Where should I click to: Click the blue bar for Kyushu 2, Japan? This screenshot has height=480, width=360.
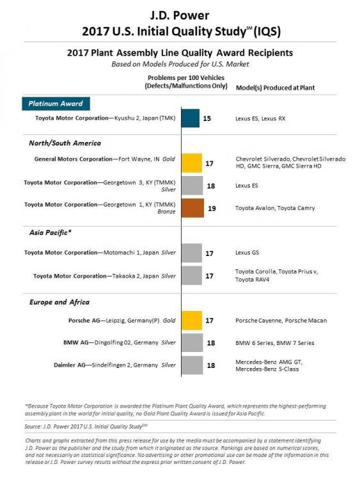pos(191,118)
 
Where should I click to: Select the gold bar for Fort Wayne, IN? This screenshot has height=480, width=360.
pos(192,163)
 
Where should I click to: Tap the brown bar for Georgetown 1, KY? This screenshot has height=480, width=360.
pos(192,208)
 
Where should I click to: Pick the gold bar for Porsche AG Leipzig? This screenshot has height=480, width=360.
pos(192,321)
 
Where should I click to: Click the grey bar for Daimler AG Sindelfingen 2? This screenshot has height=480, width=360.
pos(192,365)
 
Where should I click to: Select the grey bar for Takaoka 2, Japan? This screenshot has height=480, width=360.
pos(192,275)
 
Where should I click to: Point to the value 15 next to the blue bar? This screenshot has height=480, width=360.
pos(207,118)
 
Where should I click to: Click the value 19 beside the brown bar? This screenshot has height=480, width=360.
pos(212,209)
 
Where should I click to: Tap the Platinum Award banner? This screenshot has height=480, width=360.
pos(56,104)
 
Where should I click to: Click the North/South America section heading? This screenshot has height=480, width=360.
pos(65,143)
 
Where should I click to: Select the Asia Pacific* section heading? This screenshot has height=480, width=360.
pos(50,233)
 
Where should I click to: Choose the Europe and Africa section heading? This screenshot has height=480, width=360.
pos(59,302)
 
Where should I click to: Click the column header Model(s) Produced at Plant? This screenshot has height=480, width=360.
pos(276,88)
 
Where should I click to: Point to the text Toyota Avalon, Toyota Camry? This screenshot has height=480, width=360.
pos(275,208)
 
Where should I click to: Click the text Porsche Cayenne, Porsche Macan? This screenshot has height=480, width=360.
pos(281,321)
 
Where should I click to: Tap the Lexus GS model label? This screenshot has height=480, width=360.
pos(247,253)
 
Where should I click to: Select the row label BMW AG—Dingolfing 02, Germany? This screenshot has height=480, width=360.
pos(111,342)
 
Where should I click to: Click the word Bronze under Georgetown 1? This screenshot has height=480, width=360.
pos(166,212)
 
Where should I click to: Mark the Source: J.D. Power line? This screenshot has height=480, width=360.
pos(86,426)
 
